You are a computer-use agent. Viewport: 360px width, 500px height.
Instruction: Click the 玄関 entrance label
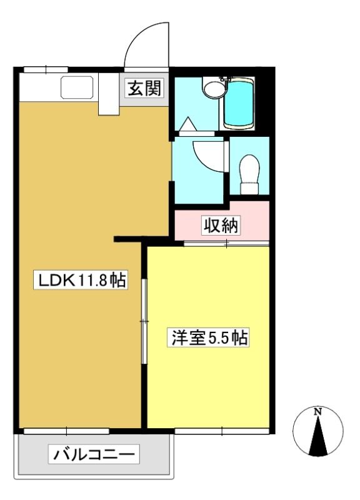144,88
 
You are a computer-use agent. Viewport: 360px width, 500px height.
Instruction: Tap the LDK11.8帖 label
81,280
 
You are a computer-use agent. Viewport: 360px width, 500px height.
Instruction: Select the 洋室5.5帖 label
208,337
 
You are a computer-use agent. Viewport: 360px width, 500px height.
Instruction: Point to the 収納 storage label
221,226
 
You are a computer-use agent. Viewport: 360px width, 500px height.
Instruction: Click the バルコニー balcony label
94,454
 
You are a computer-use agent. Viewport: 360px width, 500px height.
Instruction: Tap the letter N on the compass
317,412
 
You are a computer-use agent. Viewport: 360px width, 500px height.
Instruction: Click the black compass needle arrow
317,436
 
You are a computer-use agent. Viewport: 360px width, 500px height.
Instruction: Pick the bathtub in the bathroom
239,104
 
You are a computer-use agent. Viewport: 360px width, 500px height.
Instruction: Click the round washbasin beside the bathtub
214,87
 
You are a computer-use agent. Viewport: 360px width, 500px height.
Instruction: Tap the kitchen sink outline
77,87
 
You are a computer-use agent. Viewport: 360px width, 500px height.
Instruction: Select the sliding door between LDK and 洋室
144,321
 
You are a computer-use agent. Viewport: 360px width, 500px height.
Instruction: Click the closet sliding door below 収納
227,244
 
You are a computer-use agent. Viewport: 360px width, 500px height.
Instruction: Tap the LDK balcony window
66,431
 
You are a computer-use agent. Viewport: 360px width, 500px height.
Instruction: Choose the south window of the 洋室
222,431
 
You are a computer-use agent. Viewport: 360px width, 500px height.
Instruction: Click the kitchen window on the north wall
46,69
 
